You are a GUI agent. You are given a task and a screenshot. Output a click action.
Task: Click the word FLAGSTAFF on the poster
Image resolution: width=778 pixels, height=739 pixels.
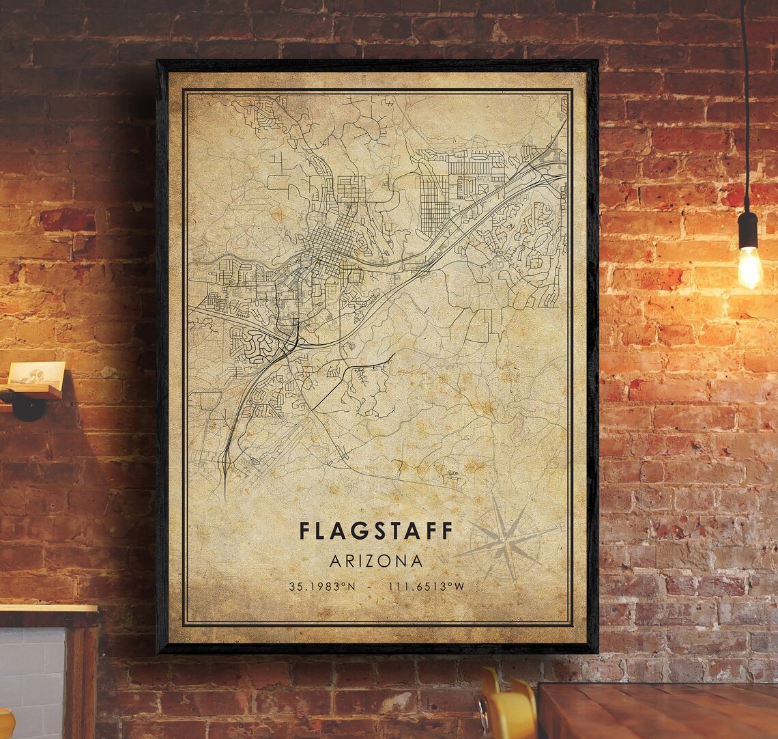tap(375, 531)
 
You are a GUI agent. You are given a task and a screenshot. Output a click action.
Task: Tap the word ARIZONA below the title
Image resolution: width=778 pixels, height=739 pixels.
tap(376, 561)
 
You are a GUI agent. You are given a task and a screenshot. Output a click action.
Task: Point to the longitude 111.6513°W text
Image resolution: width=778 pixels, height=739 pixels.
tap(426, 587)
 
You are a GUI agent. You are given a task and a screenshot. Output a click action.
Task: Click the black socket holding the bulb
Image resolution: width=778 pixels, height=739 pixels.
tap(748, 229)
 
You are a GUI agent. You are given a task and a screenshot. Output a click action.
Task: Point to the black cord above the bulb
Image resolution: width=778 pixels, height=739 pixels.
tap(745, 102)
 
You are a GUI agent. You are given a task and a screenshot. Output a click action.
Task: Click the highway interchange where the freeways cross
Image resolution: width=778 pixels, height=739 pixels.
tap(293, 338)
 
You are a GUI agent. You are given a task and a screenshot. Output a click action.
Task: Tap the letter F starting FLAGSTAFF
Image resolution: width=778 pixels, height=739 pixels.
tap(304, 531)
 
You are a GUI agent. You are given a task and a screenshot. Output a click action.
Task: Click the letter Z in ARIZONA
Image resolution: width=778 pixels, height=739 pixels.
tap(377, 561)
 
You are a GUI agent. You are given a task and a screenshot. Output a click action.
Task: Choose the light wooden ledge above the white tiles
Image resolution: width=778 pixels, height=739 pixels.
tap(48, 608)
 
